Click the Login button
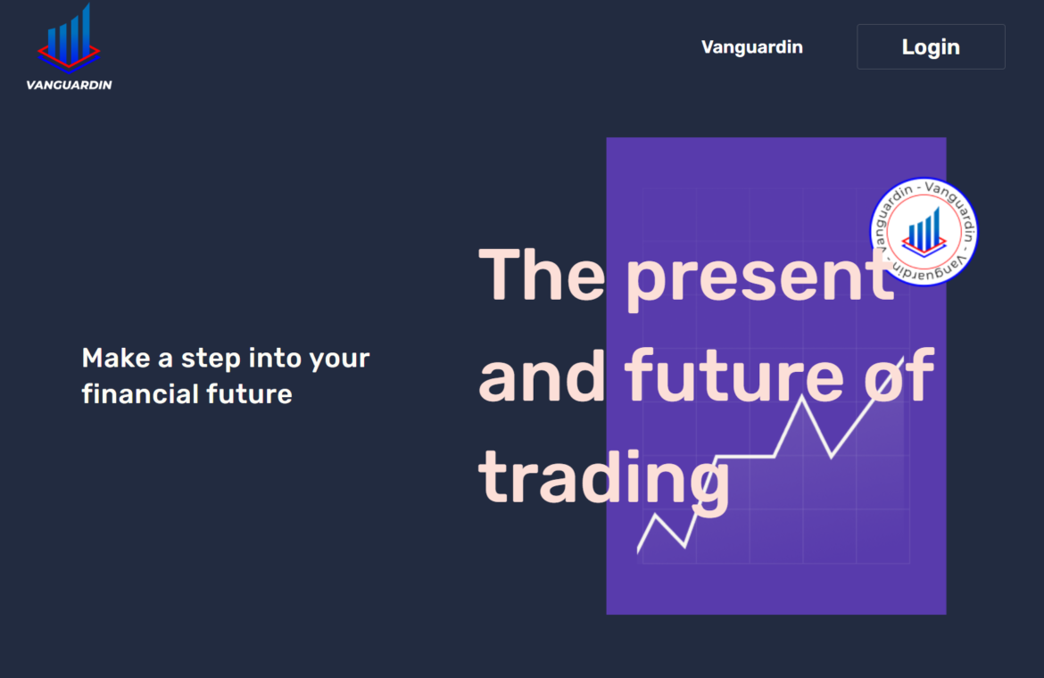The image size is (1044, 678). (x=931, y=46)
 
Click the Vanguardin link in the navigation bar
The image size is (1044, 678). (x=751, y=47)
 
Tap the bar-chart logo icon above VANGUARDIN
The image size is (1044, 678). (x=69, y=38)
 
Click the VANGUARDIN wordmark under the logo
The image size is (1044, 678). (x=70, y=85)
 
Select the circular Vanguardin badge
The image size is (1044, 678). (x=924, y=232)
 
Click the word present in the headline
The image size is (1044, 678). (x=759, y=277)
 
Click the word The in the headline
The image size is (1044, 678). (x=542, y=274)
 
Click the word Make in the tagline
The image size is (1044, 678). (x=116, y=358)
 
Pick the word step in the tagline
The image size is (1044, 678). (x=211, y=360)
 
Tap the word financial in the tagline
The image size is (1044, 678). (x=139, y=393)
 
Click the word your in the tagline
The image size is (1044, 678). (x=340, y=360)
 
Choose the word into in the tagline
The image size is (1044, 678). (x=275, y=358)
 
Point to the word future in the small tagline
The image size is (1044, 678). (x=249, y=394)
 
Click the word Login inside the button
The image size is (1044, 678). (x=931, y=47)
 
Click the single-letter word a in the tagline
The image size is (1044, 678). (x=165, y=360)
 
